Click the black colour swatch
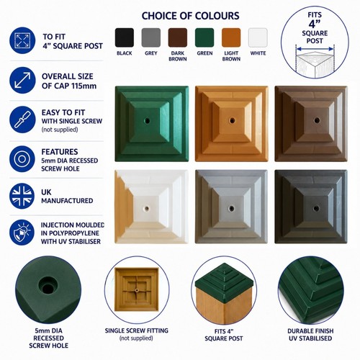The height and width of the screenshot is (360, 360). coord(125,37)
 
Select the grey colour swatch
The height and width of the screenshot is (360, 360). coord(151,37)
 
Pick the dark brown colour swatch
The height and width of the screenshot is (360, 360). coord(178,37)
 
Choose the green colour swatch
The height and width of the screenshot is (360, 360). coord(204,37)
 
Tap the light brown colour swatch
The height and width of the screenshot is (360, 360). coord(231,37)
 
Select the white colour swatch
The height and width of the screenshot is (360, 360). coord(258,37)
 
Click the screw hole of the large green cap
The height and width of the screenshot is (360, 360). coord(147,120)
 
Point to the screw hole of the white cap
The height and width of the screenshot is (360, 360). coord(146,208)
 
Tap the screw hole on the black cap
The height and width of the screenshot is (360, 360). coord(316,208)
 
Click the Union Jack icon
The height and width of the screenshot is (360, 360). coord(22,196)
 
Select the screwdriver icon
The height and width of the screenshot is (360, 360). coord(22,120)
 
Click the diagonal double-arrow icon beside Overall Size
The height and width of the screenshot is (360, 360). coord(22,80)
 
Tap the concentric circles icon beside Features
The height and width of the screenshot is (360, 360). coord(22,159)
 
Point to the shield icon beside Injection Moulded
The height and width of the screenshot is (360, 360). coord(22,233)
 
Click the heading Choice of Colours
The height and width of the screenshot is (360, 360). coord(190,16)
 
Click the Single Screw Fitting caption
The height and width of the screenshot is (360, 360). coord(136,330)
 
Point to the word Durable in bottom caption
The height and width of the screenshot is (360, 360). coord(299,331)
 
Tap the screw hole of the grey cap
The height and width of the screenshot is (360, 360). coord(231,208)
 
